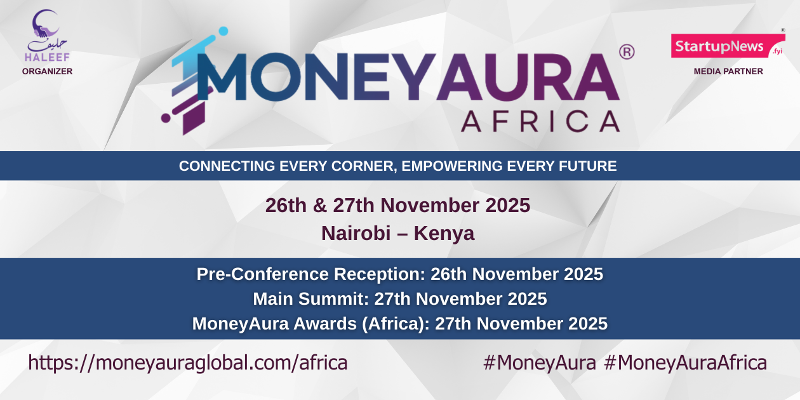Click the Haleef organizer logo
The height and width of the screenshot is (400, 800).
47,35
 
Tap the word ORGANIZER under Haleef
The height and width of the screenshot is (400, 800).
47,72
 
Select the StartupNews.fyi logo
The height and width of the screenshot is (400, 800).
728,46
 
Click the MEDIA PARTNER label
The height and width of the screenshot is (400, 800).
728,72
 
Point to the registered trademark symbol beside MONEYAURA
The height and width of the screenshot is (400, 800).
626,52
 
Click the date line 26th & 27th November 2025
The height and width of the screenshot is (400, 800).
397,206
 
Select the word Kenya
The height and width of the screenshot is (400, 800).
444,234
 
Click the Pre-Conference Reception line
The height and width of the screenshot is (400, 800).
399,274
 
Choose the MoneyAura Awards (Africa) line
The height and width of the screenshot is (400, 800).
399,323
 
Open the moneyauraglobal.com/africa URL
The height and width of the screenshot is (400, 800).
188,363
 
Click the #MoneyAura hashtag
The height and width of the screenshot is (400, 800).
539,363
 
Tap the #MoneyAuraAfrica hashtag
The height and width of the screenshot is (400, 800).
685,363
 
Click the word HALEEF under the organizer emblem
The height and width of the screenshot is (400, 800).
47,58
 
